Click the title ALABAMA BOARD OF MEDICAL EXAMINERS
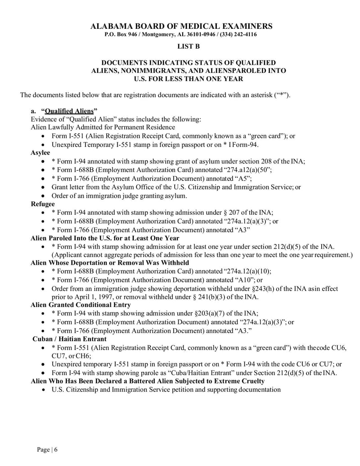pos(181,26)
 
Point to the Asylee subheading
pos(40,153)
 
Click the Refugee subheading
pos(42,204)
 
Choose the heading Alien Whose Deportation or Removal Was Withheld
pos(109,262)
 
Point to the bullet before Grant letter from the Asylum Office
pos(43,187)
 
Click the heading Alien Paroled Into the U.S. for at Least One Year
pos(104,238)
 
